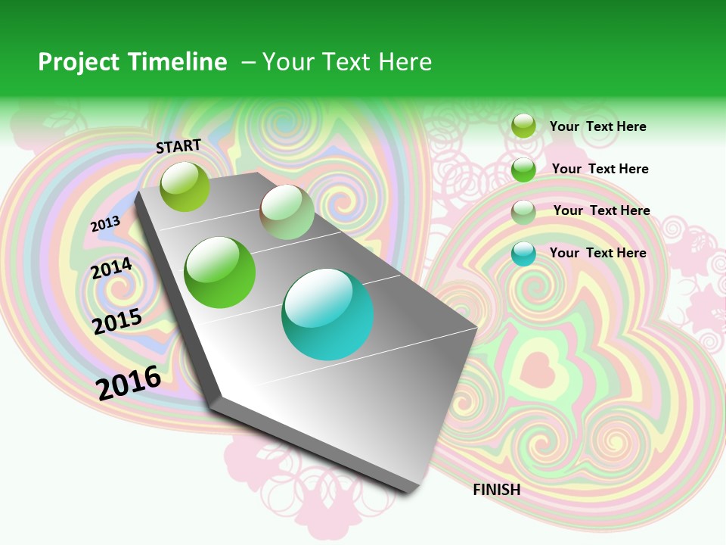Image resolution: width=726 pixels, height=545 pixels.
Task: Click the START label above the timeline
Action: point(178,146)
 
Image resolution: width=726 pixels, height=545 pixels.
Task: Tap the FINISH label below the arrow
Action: point(496,490)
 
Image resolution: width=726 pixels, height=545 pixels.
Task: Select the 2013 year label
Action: point(105,224)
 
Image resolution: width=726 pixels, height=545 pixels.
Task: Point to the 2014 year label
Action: point(111,269)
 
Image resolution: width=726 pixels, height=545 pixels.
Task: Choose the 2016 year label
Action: point(129,382)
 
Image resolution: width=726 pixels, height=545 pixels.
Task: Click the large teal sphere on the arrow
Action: point(327,314)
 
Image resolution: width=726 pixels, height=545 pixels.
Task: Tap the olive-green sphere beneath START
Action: point(185,186)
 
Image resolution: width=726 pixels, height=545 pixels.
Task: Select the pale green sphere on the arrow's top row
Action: point(287,212)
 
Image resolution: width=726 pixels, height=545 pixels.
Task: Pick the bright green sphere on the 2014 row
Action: point(220,272)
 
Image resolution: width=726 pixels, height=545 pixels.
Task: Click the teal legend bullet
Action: point(523,254)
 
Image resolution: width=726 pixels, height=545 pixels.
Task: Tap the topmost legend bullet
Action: point(523,126)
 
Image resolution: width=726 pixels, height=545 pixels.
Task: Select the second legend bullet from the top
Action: point(523,169)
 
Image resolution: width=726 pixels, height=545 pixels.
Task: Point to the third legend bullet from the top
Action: point(523,211)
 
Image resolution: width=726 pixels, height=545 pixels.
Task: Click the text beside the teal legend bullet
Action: point(597,253)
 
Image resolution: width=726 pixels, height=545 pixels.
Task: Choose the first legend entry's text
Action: point(597,126)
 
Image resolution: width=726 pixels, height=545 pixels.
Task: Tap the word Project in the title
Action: point(79,62)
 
